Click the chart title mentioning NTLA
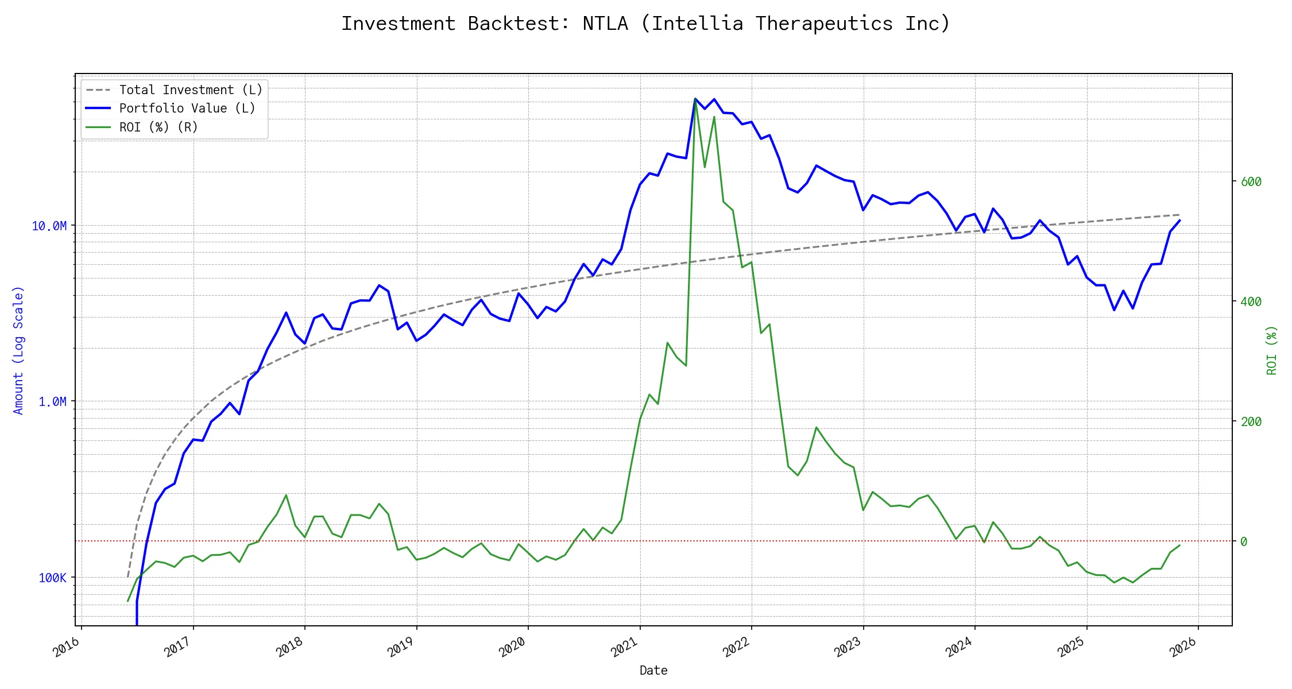point(645,24)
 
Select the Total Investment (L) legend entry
point(190,90)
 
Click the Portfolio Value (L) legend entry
point(187,109)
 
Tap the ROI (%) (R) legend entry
point(158,127)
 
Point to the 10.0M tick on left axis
point(49,226)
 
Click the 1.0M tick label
point(53,401)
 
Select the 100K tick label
point(53,578)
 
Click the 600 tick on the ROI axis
point(1251,182)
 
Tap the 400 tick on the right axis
point(1251,302)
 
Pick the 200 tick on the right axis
point(1251,422)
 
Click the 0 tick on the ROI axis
point(1244,541)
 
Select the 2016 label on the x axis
point(67,647)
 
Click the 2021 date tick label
point(625,647)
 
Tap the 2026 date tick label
point(1183,647)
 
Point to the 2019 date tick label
point(401,647)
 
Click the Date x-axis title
point(653,671)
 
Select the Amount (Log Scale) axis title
point(18,350)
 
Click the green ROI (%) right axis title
point(1271,350)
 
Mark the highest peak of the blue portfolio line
point(695,99)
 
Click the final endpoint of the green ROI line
point(1179,545)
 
